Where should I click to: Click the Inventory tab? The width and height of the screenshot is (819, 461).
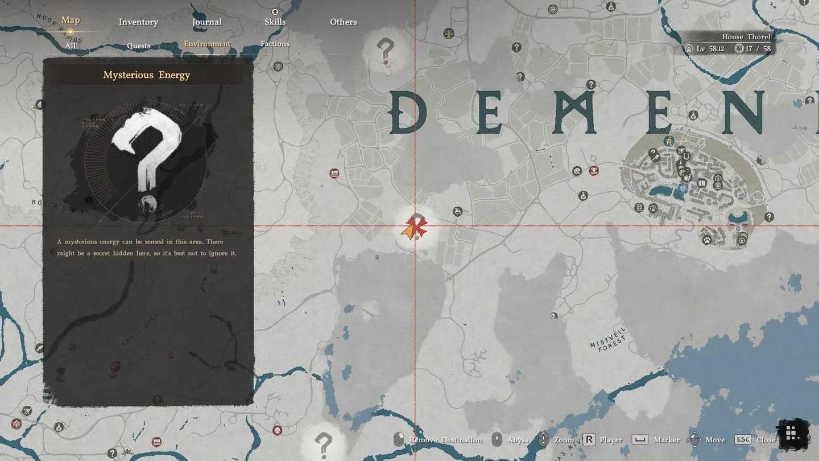coord(138,22)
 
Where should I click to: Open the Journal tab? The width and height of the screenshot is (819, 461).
coord(207,22)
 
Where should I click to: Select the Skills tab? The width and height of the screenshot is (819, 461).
coord(275,22)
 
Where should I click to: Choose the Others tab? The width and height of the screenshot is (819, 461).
coord(344,22)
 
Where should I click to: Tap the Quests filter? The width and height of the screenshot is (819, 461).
coord(139,46)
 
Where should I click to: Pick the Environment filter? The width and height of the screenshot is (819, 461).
coord(207,44)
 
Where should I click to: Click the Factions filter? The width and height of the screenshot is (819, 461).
coord(275,44)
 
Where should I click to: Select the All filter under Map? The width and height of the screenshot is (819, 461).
coord(71,46)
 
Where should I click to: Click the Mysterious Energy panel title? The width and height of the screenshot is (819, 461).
coord(147,75)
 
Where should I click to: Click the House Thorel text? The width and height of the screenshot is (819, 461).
coord(746,37)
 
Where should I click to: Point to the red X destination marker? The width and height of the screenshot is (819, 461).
coord(418,225)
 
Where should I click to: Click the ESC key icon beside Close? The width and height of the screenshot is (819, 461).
coord(743,439)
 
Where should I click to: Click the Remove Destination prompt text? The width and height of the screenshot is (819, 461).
coord(445,440)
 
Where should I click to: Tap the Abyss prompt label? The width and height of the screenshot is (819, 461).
coord(518,440)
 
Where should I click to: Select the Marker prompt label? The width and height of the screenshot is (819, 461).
coord(667,440)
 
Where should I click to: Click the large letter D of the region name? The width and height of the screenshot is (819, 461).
coord(408,113)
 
